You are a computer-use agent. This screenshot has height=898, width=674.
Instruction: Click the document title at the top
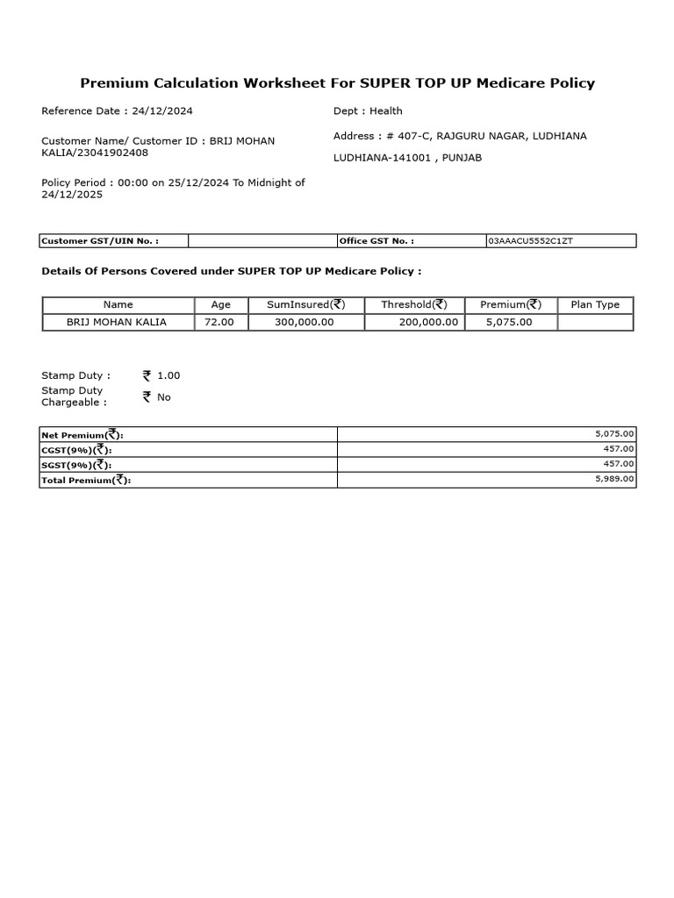click(x=337, y=83)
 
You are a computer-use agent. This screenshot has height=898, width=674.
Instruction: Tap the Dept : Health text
click(x=368, y=110)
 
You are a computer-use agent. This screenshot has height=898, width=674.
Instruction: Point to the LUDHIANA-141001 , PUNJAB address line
click(x=407, y=158)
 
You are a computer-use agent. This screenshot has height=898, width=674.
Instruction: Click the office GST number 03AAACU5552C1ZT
click(x=530, y=240)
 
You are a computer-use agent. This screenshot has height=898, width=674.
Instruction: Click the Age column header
click(x=221, y=304)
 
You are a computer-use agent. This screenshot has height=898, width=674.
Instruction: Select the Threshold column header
click(x=414, y=304)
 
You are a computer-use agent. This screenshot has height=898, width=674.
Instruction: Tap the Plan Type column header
click(x=595, y=304)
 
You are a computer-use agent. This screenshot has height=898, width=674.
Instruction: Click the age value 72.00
click(x=221, y=322)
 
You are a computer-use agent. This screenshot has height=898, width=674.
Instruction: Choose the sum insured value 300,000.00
click(x=305, y=322)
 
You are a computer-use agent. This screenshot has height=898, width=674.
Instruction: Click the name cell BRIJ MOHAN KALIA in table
click(x=117, y=322)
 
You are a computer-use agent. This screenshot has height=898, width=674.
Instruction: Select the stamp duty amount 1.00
click(x=168, y=375)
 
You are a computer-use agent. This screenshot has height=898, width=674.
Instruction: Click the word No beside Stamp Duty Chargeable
click(x=164, y=397)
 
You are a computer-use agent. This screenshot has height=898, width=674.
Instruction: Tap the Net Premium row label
click(x=83, y=434)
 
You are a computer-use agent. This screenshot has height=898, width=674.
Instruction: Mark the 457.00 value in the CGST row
click(x=620, y=449)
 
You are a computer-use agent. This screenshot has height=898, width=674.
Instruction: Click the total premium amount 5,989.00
click(x=615, y=479)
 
